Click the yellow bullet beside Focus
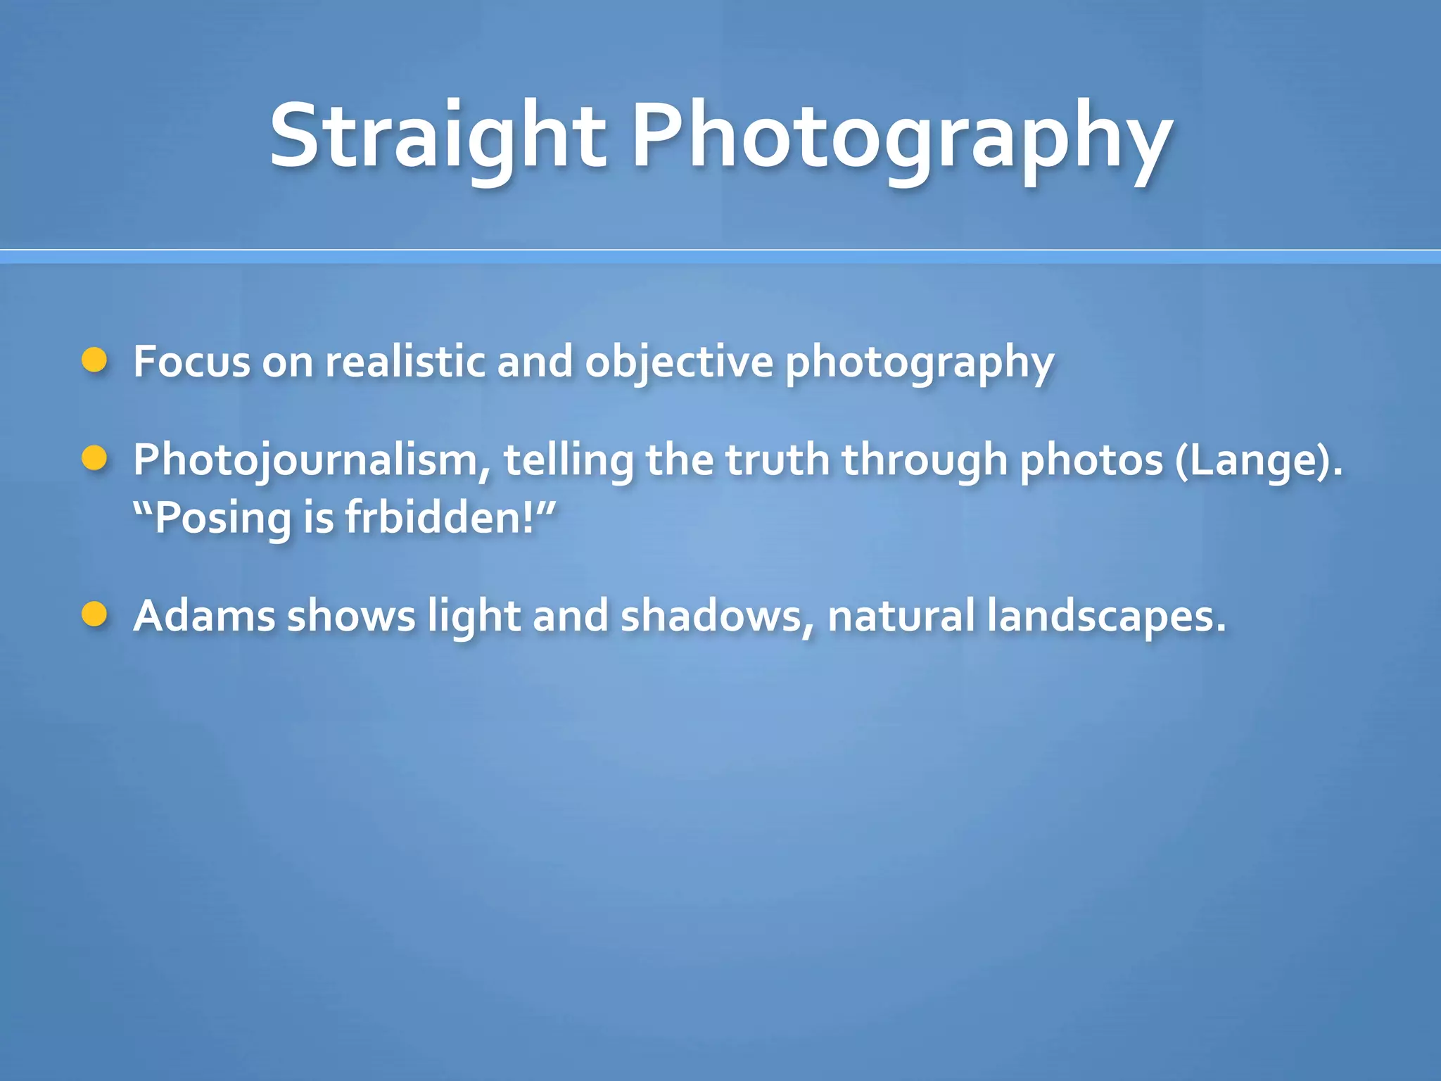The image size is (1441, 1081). tap(94, 360)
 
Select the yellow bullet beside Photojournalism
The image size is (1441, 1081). tap(94, 458)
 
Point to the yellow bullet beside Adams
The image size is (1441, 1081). tap(94, 614)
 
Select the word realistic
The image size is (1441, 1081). tap(405, 362)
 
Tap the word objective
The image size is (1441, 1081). tap(679, 363)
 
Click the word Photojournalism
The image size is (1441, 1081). tap(312, 460)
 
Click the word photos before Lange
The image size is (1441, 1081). tap(1091, 462)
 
